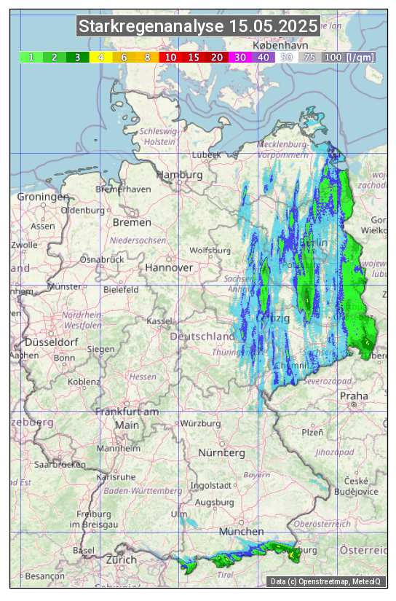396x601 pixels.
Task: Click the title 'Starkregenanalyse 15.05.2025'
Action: click(198, 27)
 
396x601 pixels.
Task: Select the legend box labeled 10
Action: click(170, 57)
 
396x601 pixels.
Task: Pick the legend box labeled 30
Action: click(239, 57)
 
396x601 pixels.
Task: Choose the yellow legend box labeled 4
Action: click(101, 57)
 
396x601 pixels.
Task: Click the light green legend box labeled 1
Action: click(31, 57)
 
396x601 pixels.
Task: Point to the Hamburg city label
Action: click(179, 175)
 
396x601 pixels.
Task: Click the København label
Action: click(280, 45)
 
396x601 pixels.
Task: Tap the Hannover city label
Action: click(169, 267)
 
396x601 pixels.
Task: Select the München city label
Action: click(241, 531)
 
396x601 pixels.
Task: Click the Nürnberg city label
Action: click(222, 452)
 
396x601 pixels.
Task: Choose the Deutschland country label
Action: click(202, 337)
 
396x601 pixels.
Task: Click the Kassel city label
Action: click(159, 321)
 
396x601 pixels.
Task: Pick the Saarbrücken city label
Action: click(61, 463)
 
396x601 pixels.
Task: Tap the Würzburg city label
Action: click(200, 423)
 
